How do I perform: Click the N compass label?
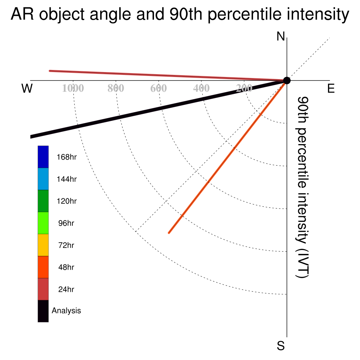[x=281, y=36]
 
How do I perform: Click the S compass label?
[x=281, y=346]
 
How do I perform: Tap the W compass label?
[x=27, y=88]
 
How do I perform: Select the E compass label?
[x=331, y=88]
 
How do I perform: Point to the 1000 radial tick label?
[x=73, y=88]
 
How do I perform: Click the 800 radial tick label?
[x=116, y=88]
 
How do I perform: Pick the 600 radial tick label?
[x=159, y=88]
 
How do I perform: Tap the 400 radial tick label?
[x=201, y=88]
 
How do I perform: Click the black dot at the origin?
[x=287, y=81]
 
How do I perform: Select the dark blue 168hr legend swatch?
[x=43, y=157]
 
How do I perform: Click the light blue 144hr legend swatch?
[x=43, y=179]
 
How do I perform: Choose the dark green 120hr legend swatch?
[x=43, y=201]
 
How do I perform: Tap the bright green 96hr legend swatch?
[x=43, y=223]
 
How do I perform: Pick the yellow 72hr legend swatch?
[x=43, y=245]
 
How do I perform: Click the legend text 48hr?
[x=66, y=267]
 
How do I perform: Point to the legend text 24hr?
[x=66, y=289]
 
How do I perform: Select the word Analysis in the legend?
[x=66, y=311]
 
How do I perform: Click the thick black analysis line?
[x=159, y=109]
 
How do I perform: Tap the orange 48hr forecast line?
[x=228, y=157]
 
